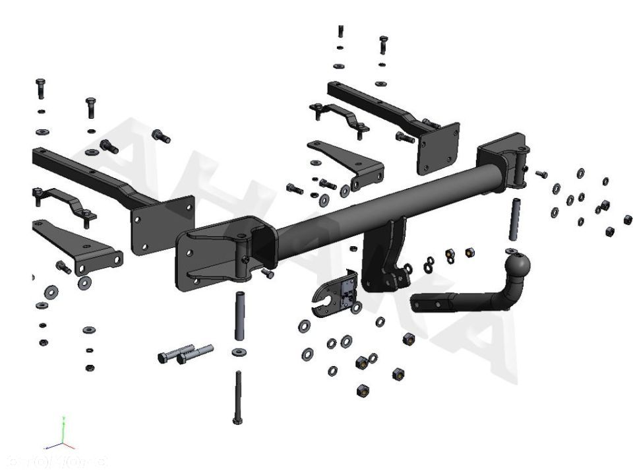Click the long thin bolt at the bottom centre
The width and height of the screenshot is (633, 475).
coord(238,396)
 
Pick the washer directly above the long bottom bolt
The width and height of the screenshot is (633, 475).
coord(238,352)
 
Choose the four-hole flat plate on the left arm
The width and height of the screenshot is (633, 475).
coord(162,224)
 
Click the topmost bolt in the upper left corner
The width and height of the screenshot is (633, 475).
coord(40,89)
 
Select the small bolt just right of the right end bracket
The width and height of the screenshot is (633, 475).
coord(541,174)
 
